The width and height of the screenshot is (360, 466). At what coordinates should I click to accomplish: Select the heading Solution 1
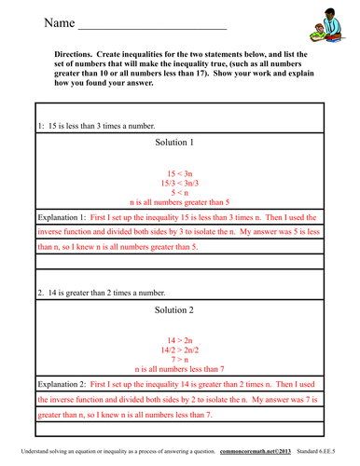(180, 144)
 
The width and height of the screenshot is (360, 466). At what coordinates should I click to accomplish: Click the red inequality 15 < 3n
(180, 174)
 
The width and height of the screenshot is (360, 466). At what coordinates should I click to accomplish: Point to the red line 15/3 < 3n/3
(180, 184)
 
